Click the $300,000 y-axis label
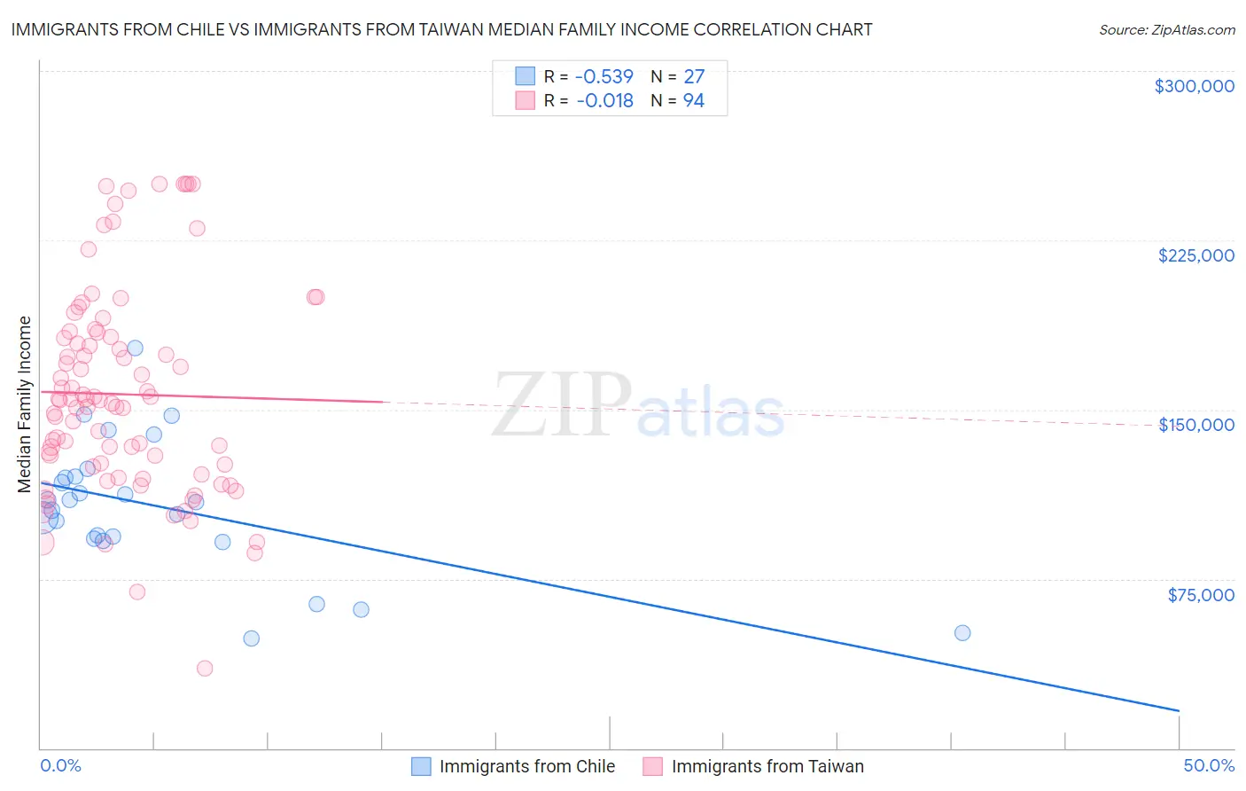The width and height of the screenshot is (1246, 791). coord(1194,86)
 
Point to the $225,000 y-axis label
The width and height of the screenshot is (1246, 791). coord(1195,255)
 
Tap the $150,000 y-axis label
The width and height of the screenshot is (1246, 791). coord(1195,425)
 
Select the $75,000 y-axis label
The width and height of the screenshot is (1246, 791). coord(1200,595)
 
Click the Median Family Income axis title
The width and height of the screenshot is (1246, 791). coord(25,404)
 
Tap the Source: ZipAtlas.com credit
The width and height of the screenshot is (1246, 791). coord(1166,30)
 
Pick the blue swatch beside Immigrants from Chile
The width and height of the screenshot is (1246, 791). coord(421,766)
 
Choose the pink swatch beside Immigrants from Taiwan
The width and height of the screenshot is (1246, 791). coord(653,766)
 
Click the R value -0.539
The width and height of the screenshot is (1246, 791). coord(604,77)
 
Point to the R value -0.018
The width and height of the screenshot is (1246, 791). coord(604,101)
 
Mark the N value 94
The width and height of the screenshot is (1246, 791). coord(693,101)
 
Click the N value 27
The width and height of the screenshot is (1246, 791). coord(693,77)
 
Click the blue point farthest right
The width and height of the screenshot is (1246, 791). coord(962,633)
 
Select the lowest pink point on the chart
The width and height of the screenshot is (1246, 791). coord(205,669)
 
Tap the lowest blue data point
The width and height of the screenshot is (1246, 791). coord(252,638)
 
